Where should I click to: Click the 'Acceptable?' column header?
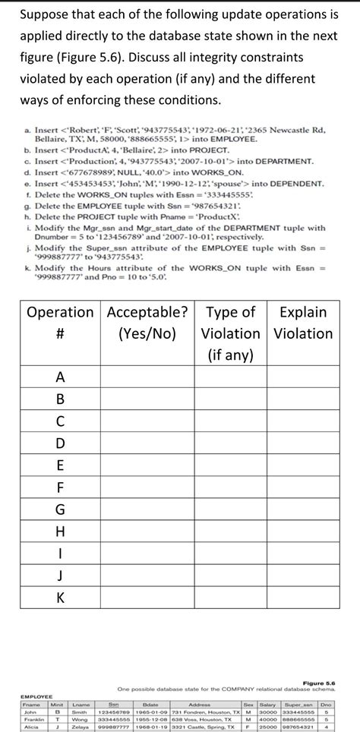[x=148, y=312]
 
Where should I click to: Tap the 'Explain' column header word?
[x=302, y=312]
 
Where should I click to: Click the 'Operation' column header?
[x=60, y=312]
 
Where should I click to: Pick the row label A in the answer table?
[x=60, y=377]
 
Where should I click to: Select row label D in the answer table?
[x=60, y=443]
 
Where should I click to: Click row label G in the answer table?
[x=60, y=509]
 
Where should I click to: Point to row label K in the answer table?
[x=60, y=598]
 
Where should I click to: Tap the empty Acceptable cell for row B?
[x=148, y=399]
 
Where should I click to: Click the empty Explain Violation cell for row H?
[x=302, y=531]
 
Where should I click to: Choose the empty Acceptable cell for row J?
[x=148, y=575]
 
